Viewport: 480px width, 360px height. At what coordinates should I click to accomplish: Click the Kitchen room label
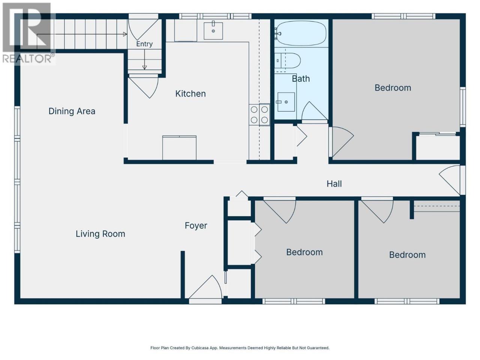point(190,94)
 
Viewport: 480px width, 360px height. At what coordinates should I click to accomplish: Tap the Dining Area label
point(72,111)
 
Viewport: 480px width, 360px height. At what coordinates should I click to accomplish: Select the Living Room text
point(100,234)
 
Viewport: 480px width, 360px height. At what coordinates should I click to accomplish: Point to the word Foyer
point(196,226)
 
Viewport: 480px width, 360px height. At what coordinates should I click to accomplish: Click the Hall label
point(334,184)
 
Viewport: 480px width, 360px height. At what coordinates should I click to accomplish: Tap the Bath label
point(301,79)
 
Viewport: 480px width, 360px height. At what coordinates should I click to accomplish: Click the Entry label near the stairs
point(144,44)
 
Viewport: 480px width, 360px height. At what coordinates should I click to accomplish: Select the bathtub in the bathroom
point(301,33)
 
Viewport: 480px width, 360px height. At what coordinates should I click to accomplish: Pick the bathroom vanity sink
point(286,102)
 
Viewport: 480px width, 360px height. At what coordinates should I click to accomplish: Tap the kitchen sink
point(213,31)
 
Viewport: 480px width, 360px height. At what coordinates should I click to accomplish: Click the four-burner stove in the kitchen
point(259,115)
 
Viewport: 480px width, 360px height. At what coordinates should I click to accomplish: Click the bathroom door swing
point(315,111)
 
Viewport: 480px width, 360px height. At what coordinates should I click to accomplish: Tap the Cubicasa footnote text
point(240,348)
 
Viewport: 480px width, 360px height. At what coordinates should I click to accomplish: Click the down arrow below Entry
point(144,60)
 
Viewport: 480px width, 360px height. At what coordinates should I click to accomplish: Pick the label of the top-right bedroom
point(393,88)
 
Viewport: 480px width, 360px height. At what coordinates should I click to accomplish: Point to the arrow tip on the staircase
point(127,34)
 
